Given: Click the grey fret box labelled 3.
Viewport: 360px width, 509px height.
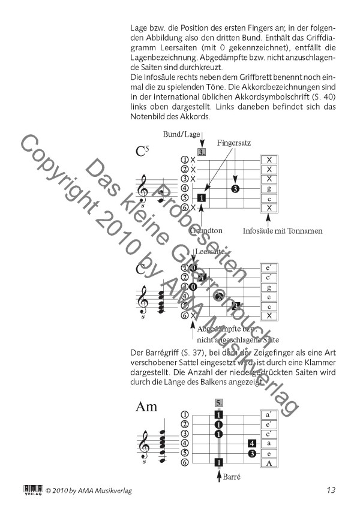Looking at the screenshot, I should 203,152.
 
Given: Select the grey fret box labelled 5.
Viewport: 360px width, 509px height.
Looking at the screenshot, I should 219,403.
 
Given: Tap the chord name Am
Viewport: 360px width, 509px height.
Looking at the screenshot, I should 146,408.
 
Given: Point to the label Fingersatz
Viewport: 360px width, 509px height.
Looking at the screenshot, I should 235,144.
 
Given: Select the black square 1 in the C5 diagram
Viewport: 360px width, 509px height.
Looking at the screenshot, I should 202,197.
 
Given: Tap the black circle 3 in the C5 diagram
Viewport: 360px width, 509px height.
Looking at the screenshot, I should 235,189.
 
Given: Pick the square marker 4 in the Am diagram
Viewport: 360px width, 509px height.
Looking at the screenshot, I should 253,444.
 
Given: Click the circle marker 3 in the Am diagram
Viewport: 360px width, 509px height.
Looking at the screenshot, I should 253,453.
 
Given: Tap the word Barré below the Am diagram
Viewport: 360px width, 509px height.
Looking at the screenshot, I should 232,478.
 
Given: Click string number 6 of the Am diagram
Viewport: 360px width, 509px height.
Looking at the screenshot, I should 185,463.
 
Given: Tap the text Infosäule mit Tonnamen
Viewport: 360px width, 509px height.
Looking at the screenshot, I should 283,231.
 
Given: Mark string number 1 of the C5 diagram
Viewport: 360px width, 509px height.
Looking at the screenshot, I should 185,160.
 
